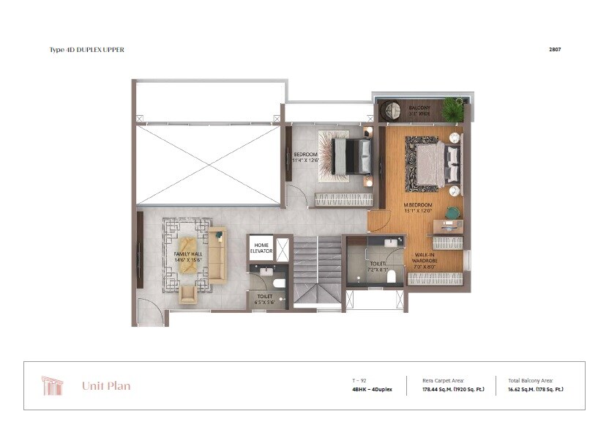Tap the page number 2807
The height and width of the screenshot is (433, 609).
556,50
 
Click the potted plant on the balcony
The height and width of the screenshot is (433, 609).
454,110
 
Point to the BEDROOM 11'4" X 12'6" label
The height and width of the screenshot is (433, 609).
306,158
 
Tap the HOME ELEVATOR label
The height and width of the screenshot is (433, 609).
261,248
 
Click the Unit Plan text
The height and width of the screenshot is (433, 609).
106,386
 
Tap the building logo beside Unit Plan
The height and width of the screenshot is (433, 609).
52,385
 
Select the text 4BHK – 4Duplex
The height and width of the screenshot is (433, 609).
372,390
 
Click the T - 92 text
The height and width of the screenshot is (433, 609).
359,380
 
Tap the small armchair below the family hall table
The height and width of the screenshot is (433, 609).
188,295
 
